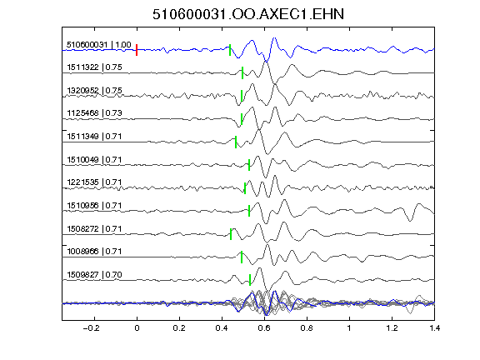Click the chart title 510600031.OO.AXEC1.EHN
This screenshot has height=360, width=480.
tap(248, 14)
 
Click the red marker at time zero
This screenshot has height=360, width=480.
tap(137, 50)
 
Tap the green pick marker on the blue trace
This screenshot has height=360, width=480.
tap(230, 50)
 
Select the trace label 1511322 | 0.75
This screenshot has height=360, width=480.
tap(94, 67)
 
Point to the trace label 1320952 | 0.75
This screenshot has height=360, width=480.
tap(94, 90)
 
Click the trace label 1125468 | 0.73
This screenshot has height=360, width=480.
tap(94, 113)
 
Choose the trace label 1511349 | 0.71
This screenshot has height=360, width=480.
tap(94, 136)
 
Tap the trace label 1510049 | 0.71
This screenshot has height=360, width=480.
tap(94, 159)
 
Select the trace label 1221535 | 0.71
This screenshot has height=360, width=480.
tap(94, 182)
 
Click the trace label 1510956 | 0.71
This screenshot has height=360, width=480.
tap(94, 205)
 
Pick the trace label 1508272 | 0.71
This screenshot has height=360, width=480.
tap(94, 228)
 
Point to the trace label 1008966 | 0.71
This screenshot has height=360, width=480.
tap(94, 252)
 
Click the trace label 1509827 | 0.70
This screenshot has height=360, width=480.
tap(94, 275)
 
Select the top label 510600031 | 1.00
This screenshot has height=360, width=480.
tap(99, 45)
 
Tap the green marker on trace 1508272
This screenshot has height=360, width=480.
tap(231, 234)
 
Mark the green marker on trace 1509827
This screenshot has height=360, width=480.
tap(250, 280)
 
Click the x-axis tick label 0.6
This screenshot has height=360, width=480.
tap(264, 328)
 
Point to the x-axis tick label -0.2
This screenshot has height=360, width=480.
tap(92, 328)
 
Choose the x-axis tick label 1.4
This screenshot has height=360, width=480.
tap(434, 328)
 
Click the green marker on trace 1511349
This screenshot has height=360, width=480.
tap(236, 142)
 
